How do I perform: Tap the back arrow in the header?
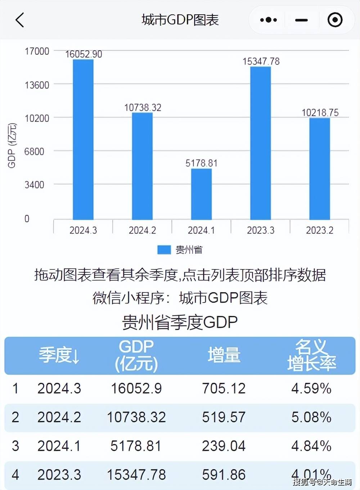coord(20,20)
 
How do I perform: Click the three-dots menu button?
coord(268,20)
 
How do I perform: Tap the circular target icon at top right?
coord(335,20)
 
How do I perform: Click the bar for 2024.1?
coord(201,194)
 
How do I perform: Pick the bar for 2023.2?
coord(320,169)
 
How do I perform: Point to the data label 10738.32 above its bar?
coord(143,108)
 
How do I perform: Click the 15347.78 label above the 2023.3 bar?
coord(261,61)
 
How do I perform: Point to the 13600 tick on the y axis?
coord(37,85)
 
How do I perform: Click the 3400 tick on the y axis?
coord(34,185)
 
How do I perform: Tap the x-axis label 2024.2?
coord(142,230)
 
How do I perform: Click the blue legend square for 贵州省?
coord(164,250)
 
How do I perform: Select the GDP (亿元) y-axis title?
coord(12,145)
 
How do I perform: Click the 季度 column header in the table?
coord(59,355)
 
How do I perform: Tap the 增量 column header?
coord(224,355)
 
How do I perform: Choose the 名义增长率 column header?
coord(311,355)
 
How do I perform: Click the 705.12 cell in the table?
coord(224,389)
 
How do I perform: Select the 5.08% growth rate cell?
coord(311,417)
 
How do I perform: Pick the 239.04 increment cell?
coord(224,446)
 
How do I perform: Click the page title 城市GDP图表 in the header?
coord(180,20)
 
